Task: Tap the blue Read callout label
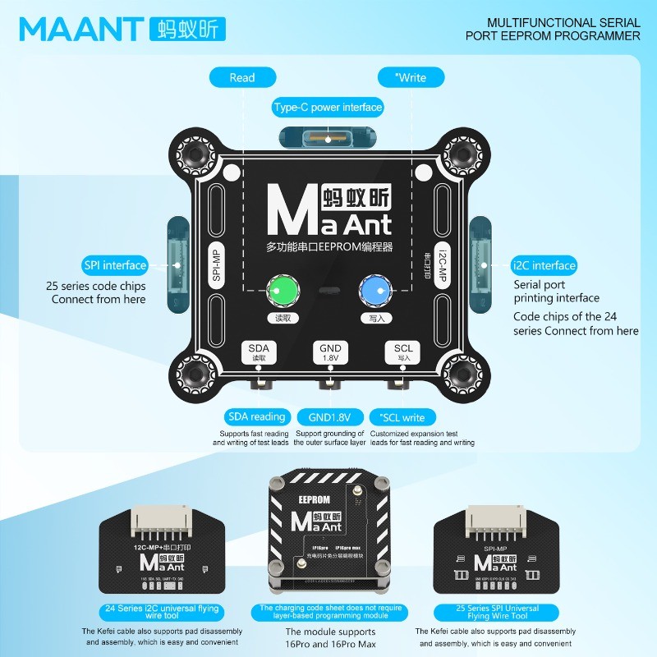click(x=242, y=77)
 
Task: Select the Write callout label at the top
click(x=411, y=77)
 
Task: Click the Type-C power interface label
click(x=328, y=107)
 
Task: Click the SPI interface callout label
click(x=115, y=265)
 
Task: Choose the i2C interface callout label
click(x=544, y=265)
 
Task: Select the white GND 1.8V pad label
click(x=330, y=353)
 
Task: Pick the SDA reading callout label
click(x=257, y=417)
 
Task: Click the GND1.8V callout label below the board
click(x=328, y=417)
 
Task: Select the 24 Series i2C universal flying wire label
click(x=152, y=611)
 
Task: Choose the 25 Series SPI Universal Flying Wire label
click(x=496, y=613)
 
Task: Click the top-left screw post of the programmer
click(x=197, y=154)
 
